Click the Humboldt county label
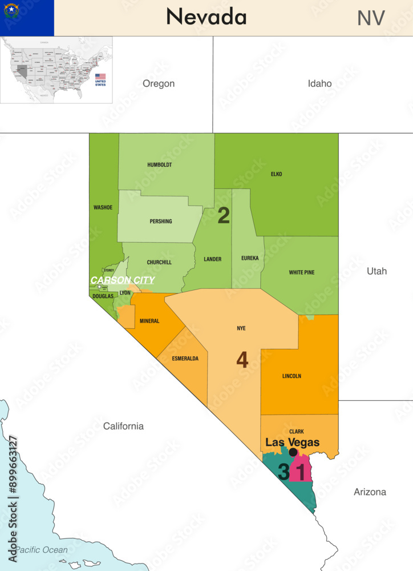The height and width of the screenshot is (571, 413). (x=160, y=164)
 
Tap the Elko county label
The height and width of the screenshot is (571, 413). (x=276, y=174)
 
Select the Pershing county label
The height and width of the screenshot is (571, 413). (x=160, y=222)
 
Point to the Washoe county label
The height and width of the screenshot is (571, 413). (x=103, y=207)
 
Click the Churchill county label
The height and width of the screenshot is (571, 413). (x=160, y=263)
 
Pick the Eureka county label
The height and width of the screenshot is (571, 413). (x=250, y=258)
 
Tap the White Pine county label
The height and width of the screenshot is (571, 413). (x=301, y=272)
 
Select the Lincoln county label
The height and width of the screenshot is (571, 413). (x=291, y=376)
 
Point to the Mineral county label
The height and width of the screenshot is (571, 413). (x=149, y=321)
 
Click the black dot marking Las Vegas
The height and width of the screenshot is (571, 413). (x=293, y=452)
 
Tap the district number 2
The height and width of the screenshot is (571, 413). (x=224, y=216)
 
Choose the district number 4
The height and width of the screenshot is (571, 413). (x=242, y=360)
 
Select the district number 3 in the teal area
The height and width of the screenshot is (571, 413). (x=284, y=472)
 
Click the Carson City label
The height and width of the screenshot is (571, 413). (x=122, y=280)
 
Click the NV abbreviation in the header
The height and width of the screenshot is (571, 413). (x=371, y=18)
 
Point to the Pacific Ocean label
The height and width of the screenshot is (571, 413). (x=41, y=550)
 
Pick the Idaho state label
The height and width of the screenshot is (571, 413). (x=319, y=83)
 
